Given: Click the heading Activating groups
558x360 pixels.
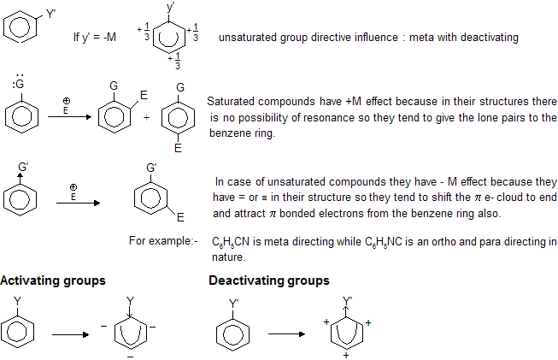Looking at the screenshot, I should click(53, 280).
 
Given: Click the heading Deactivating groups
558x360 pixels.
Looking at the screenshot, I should click(269, 280).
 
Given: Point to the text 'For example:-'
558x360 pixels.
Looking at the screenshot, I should click(163, 242).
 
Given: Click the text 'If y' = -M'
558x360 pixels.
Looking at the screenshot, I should click(97, 38).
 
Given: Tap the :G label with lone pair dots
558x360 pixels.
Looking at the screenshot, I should click(18, 85).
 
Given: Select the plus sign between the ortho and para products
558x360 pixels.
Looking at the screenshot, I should click(146, 117).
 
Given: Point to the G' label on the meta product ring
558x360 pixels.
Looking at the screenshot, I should click(152, 167).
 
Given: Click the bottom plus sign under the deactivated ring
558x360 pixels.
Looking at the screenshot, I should click(347, 354).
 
